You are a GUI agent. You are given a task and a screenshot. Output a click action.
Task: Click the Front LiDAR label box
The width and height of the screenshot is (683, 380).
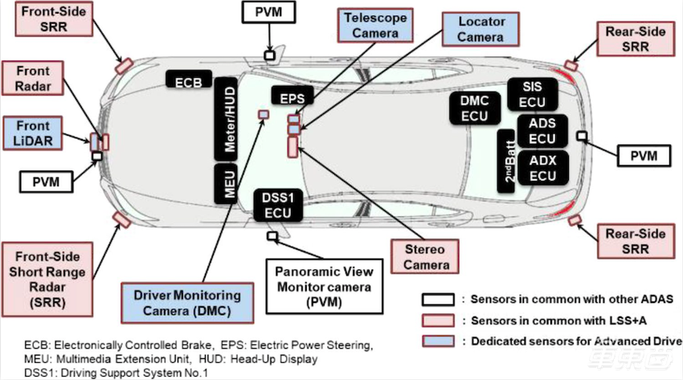point(31,133)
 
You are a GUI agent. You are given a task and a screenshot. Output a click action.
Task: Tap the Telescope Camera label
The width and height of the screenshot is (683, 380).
point(370,25)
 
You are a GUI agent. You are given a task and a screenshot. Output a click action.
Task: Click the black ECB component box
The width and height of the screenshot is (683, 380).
point(189,79)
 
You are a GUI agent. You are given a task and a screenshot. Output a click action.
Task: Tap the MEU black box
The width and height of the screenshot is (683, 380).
point(227,183)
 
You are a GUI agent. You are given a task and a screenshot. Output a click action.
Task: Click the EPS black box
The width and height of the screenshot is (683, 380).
point(292,97)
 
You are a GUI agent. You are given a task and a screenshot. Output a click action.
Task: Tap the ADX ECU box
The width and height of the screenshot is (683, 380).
point(542,168)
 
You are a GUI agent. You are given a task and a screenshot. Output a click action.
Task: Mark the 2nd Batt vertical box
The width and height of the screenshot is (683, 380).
point(506,160)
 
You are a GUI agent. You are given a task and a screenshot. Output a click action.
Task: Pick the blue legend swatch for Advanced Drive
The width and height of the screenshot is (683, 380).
point(435,340)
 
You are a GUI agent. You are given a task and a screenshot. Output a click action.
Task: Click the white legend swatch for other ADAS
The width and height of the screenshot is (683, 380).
point(435,300)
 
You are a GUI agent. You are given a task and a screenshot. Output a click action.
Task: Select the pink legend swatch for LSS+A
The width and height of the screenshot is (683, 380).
point(435,320)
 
